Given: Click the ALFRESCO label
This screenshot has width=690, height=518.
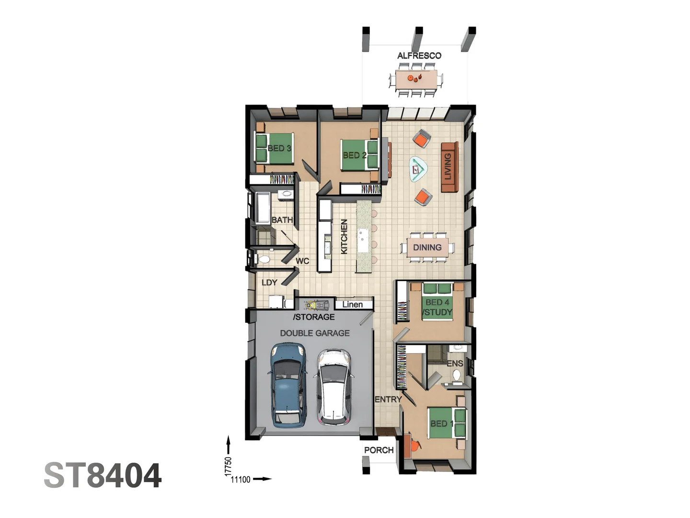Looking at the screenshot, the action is click(419, 56).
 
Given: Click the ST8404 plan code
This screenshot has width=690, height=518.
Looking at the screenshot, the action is click(103, 475).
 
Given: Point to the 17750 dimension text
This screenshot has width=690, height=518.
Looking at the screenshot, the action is click(228, 466).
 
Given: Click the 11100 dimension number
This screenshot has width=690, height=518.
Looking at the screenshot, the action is click(241, 480).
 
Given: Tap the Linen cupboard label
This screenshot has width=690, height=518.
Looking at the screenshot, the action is click(352, 305).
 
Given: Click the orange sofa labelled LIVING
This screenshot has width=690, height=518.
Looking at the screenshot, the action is click(449, 167).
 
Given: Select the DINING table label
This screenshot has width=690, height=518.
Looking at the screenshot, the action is click(427, 247).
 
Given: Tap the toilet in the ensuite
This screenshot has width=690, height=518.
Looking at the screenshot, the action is click(457, 375).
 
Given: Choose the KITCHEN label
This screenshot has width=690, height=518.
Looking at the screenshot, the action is click(344, 236).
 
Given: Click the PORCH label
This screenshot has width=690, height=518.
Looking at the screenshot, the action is click(379, 450).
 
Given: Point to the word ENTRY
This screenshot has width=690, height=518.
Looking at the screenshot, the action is click(388, 400).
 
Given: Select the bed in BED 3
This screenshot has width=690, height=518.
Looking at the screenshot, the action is click(274, 148).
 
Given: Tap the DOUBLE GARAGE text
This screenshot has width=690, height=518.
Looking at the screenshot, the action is click(315, 333).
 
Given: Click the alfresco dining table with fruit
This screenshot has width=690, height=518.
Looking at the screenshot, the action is click(416, 79).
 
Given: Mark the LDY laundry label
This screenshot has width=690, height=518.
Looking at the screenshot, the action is click(269, 283).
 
